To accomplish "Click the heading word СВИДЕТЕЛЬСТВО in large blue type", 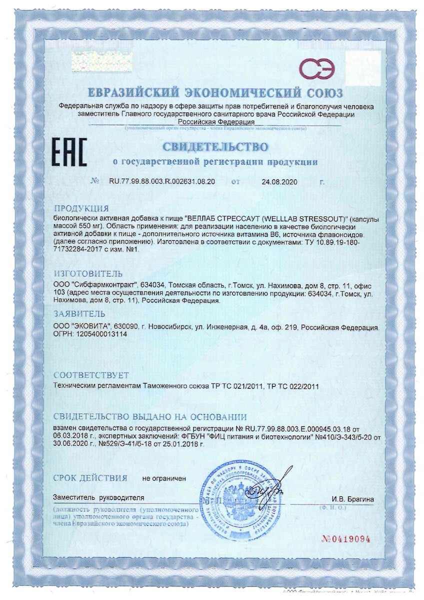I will tap(213, 147).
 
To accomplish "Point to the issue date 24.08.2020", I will tap(279, 182).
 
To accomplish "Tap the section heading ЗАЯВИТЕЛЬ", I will tap(79, 314).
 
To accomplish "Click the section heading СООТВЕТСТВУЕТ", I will tap(91, 375).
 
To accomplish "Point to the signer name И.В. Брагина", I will tap(352, 498).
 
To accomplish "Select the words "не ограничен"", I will tap(164, 478).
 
